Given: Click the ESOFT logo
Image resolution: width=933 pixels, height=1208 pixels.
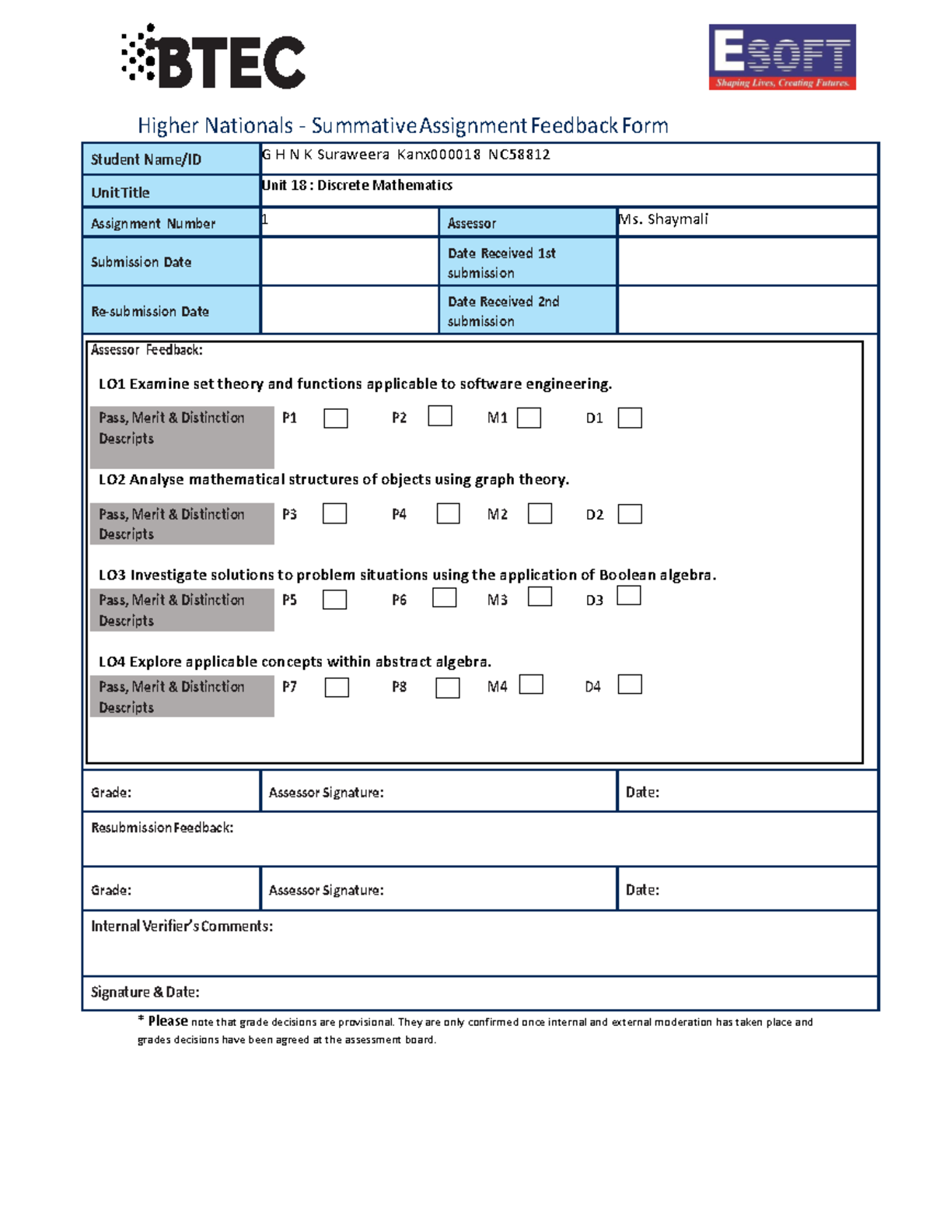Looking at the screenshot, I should point(781,57).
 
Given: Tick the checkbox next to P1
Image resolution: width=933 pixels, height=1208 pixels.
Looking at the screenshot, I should point(336,418).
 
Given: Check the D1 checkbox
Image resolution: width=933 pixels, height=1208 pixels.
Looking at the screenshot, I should point(630,418).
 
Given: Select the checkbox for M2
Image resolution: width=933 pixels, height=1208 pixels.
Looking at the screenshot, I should point(540,514).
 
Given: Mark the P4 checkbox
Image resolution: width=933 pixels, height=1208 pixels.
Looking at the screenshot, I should point(448,514).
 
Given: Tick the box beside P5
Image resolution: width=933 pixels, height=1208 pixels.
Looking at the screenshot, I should point(334,600).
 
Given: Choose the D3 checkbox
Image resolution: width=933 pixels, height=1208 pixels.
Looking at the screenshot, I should point(628,596).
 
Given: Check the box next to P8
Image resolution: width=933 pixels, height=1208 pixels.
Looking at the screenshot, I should point(447,688).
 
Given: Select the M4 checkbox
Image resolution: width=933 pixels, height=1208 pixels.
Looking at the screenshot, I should point(531,685).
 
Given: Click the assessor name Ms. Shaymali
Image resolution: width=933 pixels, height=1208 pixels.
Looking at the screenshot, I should point(663,219).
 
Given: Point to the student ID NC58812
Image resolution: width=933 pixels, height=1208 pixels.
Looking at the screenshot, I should point(519,155).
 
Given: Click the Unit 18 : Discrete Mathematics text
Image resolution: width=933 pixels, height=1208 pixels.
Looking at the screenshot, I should point(357,185).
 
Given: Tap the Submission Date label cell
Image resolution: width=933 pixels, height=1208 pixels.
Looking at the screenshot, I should point(141,262).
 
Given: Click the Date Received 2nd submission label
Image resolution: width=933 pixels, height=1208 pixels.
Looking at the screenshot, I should point(503,311).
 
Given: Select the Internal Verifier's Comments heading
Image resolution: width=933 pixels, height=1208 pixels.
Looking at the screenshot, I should point(182,926).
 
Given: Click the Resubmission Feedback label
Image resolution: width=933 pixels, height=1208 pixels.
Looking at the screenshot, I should point(162,828).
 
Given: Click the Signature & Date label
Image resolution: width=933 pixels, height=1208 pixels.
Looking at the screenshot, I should point(145,993).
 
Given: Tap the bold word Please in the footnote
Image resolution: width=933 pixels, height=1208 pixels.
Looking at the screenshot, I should point(168,1021).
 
